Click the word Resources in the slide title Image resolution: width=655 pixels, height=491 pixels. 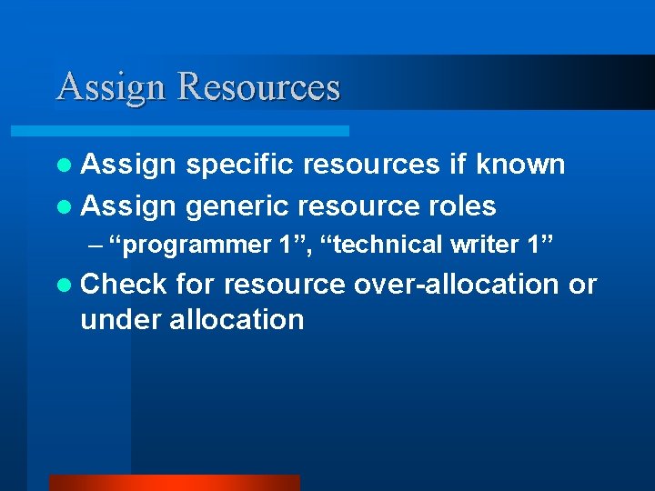259,87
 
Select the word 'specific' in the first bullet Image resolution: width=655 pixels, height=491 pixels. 239,165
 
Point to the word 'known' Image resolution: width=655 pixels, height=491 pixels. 521,165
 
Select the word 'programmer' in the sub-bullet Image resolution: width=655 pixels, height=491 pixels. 194,245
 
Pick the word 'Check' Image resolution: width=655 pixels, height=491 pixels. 124,284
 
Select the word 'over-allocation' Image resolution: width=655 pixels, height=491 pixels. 456,284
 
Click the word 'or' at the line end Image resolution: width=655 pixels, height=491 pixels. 582,284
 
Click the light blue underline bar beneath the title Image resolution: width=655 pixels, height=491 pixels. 200,131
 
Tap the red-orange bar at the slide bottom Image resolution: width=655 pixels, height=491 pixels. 174,482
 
